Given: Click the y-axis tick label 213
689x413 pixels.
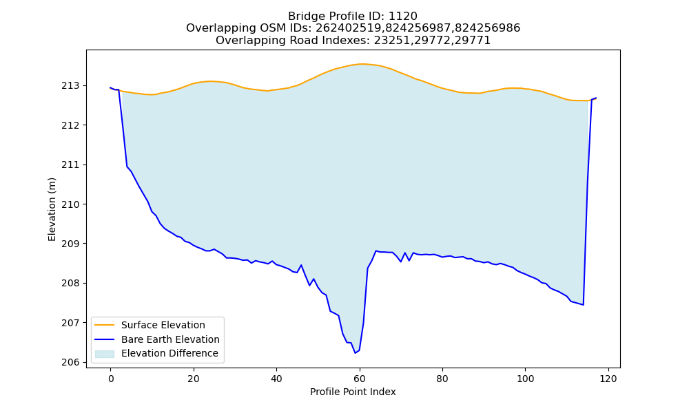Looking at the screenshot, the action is pos(71,85).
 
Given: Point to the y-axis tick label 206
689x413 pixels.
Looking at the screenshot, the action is pos(71,363).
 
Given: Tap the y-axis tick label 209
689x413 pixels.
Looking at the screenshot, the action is pos(71,244).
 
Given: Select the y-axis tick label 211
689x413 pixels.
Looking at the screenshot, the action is pos(71,165).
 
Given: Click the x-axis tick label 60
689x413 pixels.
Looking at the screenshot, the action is pos(360,379).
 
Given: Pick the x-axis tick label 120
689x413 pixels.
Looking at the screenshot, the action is pos(608,379).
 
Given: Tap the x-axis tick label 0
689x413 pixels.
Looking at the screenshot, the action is pos(111,379).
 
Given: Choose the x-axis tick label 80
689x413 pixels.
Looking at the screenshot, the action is pos(442,379).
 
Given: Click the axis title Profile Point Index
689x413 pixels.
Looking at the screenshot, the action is pos(353,392).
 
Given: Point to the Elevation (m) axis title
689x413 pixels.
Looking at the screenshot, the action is pos(52,209).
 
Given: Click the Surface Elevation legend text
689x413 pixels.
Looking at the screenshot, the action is pos(163,325).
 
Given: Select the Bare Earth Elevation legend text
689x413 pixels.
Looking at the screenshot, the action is pos(170,339).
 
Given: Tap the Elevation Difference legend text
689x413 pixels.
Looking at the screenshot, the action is pos(169,353).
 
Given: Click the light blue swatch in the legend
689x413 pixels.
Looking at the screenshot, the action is pos(105,354).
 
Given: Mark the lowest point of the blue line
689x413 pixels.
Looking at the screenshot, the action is pos(355,353).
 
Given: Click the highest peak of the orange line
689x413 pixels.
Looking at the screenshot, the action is pos(361,64).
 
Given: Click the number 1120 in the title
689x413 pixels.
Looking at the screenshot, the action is pos(403,17).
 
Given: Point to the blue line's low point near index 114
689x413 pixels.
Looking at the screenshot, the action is pos(583,305).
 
